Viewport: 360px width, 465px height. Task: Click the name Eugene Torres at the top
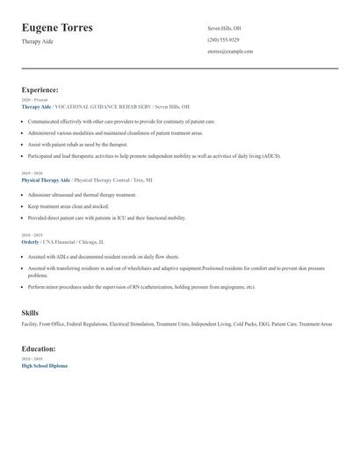pyautogui.click(x=69, y=28)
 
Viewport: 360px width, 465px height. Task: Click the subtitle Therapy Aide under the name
pyautogui.click(x=37, y=41)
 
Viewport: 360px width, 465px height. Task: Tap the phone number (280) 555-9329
pyautogui.click(x=223, y=39)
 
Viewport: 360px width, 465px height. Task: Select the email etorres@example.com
pyautogui.click(x=230, y=51)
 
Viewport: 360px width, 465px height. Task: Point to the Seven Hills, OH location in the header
pyautogui.click(x=224, y=28)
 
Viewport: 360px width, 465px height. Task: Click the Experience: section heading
pyautogui.click(x=40, y=89)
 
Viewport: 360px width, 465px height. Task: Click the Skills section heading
pyautogui.click(x=30, y=312)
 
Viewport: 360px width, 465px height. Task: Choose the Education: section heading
pyautogui.click(x=40, y=348)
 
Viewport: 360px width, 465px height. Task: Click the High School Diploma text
pyautogui.click(x=44, y=365)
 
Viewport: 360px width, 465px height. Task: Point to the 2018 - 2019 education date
pyautogui.click(x=32, y=359)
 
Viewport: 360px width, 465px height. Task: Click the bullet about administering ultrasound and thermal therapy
pyautogui.click(x=82, y=195)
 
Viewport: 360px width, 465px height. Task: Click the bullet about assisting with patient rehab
pyautogui.click(x=77, y=144)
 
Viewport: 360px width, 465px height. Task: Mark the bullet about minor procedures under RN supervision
pyautogui.click(x=140, y=287)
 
